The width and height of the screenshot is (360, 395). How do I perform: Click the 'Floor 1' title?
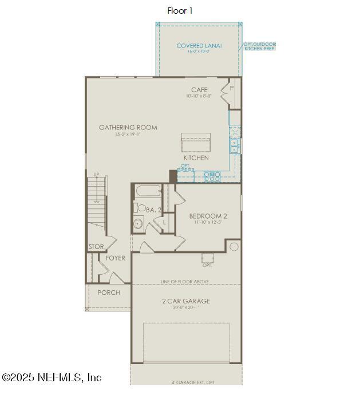(x=180, y=11)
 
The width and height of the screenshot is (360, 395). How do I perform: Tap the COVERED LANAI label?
(x=199, y=46)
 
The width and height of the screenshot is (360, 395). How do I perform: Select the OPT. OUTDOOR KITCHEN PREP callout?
(x=259, y=46)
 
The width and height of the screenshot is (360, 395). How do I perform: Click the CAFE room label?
(x=199, y=90)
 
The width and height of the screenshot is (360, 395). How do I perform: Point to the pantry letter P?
(x=232, y=89)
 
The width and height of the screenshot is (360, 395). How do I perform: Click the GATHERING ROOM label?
(x=128, y=128)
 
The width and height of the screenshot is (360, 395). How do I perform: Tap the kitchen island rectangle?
(x=196, y=141)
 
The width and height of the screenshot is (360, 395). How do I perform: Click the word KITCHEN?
(x=196, y=157)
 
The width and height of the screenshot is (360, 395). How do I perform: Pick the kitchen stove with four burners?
(x=212, y=177)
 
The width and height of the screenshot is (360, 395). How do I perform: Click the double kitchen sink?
(x=235, y=145)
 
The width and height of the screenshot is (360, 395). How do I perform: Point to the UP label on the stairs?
(x=96, y=175)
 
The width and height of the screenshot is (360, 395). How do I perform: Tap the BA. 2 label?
(x=153, y=210)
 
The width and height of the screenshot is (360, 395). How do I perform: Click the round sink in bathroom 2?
(x=138, y=224)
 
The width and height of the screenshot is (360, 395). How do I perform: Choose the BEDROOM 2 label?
(x=208, y=216)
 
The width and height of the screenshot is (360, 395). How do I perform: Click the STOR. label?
(x=96, y=247)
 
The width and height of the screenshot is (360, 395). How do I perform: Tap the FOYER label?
(x=115, y=258)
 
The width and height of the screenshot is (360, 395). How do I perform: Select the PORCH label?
(x=109, y=293)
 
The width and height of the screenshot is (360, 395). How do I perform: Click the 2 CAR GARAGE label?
(x=185, y=301)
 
